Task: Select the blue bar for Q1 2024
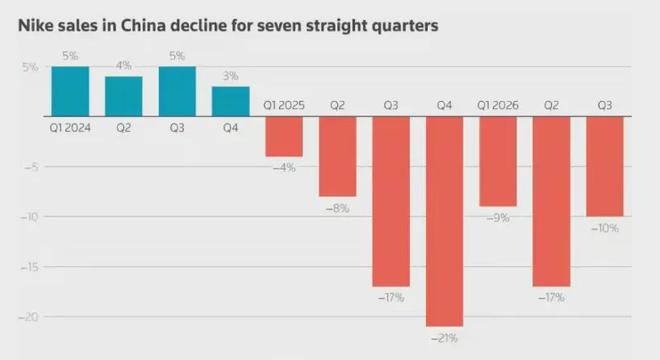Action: tap(70, 91)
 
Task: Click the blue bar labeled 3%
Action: tap(231, 101)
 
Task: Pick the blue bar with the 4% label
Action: tap(124, 96)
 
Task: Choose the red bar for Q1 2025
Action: tap(284, 136)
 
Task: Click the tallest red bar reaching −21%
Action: tap(444, 221)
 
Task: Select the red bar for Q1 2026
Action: tap(498, 161)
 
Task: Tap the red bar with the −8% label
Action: tap(338, 156)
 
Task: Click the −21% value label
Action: tap(444, 338)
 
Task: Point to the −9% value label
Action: tap(498, 218)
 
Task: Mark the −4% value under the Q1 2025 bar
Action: tap(284, 168)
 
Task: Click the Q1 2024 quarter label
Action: tap(70, 128)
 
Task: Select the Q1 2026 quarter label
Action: tap(498, 105)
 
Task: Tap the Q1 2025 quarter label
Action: tap(284, 105)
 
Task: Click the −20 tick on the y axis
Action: tap(29, 317)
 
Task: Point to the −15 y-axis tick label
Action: tap(29, 267)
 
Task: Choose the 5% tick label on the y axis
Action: tap(30, 67)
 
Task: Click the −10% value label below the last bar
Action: tap(605, 228)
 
